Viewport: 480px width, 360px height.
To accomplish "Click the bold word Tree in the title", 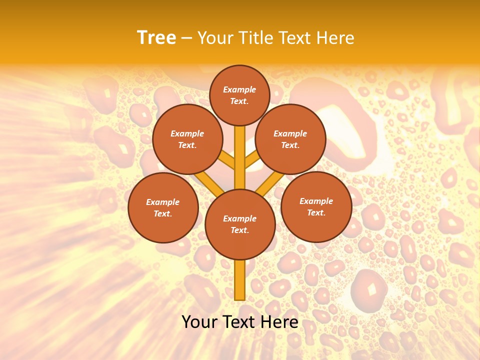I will coord(156,38).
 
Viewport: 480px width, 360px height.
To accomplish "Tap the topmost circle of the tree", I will coord(239,95).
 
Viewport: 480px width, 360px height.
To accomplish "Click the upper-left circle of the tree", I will coord(187,139).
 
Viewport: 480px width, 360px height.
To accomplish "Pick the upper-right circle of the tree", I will coord(290,139).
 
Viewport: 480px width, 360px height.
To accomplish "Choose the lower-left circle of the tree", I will coord(163,207).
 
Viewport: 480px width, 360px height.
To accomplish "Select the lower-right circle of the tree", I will coord(316,206).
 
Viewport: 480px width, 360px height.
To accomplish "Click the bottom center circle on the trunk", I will coord(240,224).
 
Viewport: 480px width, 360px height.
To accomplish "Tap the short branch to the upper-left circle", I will coord(228,160).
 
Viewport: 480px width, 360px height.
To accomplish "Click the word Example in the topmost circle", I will coord(239,89).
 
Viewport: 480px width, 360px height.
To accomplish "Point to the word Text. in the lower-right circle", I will coord(316,212).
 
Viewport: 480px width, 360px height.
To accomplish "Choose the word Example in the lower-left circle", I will coord(163,202).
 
